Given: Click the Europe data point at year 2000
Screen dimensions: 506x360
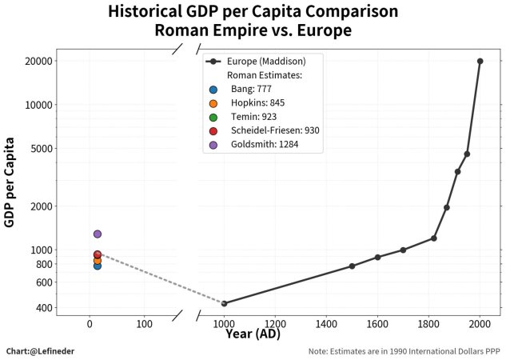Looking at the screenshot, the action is pyautogui.click(x=480, y=61).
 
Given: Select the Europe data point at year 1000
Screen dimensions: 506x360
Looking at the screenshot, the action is pyautogui.click(x=225, y=303).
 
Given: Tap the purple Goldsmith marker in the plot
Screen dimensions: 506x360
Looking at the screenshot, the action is pyautogui.click(x=98, y=234).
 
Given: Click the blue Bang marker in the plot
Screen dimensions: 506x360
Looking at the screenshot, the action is pyautogui.click(x=98, y=266).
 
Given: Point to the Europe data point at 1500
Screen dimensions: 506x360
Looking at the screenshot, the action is pyautogui.click(x=352, y=266).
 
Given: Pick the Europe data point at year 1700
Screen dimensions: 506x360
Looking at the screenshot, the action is pyautogui.click(x=403, y=250).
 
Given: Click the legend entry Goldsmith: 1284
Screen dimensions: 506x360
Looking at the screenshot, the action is pyautogui.click(x=265, y=144).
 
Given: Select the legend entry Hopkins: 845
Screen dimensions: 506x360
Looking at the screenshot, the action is pyautogui.click(x=258, y=103).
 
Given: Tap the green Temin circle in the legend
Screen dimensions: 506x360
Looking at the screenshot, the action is pyautogui.click(x=213, y=118).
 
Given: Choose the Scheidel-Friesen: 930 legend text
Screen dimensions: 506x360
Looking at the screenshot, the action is pyautogui.click(x=275, y=130).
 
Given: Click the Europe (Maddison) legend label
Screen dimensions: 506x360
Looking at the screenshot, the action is pyautogui.click(x=266, y=62).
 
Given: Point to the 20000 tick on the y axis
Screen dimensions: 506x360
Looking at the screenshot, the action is pyautogui.click(x=38, y=61).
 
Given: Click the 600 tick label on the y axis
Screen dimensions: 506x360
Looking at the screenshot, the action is pyautogui.click(x=44, y=282).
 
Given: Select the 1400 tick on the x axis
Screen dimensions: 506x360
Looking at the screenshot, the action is pyautogui.click(x=326, y=323).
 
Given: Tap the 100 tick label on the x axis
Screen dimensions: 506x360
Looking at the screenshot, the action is pyautogui.click(x=144, y=323).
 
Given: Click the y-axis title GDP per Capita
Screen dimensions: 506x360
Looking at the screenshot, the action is pyautogui.click(x=10, y=182).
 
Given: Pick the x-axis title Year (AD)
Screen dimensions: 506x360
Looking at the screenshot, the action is pyautogui.click(x=253, y=334).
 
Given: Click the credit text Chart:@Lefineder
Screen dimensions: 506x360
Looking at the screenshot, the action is pyautogui.click(x=40, y=351).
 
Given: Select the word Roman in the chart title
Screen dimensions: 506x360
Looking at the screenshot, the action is pyautogui.click(x=181, y=30).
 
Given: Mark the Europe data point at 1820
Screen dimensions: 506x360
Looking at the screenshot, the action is pyautogui.click(x=434, y=238).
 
